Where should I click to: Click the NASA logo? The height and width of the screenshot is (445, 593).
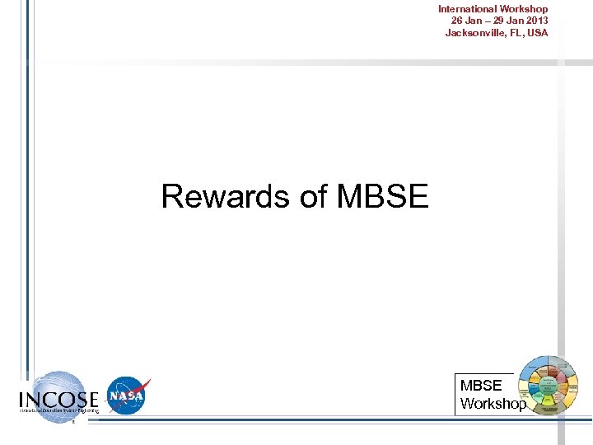click(126, 396)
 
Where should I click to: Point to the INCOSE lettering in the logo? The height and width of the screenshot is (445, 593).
click(58, 400)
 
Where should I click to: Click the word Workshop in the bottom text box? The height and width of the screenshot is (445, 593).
click(493, 404)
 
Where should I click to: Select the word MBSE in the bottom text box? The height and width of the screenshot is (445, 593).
click(481, 386)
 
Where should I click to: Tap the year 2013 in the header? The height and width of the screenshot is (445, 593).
click(535, 21)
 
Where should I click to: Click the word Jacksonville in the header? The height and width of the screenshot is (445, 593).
click(474, 33)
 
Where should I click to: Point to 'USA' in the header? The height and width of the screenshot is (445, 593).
click(537, 33)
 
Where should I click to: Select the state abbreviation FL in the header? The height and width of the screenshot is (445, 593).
click(515, 33)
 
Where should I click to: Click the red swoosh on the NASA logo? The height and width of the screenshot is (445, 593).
click(140, 388)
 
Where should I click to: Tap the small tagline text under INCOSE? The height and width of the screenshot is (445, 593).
click(58, 410)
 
